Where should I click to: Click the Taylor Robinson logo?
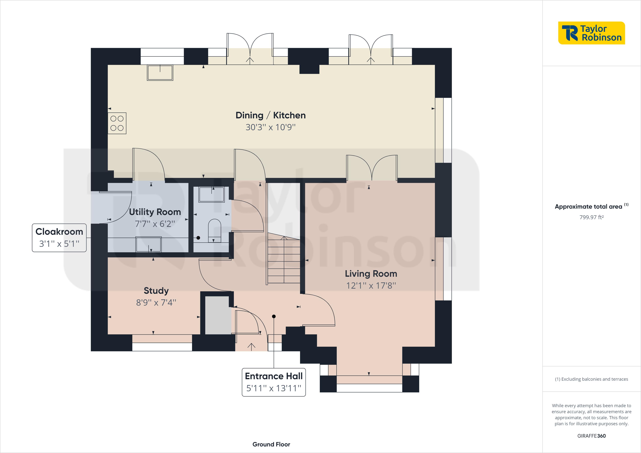coord(591,33)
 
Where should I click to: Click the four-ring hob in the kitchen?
coord(117,123)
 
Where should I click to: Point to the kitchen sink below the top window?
coord(160,73)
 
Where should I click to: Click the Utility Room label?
coord(155,212)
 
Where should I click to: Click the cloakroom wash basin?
coord(211,194)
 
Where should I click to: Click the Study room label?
coord(156,291)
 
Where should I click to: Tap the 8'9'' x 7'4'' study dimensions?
coord(156,302)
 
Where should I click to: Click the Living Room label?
coord(371,273)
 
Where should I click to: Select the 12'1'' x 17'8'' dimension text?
coord(371,285)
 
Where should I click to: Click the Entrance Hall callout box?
coord(274,382)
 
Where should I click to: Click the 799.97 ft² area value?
coord(591,217)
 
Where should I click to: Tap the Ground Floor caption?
coord(271,444)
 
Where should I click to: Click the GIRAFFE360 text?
coord(591,436)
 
